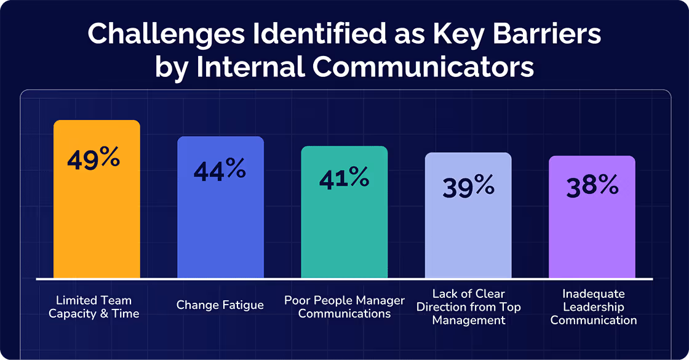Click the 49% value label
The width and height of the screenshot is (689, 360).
(x=93, y=159)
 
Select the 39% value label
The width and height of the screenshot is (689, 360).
(x=468, y=186)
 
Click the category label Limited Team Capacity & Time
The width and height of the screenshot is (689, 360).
(x=94, y=307)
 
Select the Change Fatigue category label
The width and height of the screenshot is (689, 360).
(x=220, y=305)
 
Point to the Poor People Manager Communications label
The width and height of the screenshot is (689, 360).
(x=344, y=306)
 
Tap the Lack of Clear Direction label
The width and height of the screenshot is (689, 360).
(x=469, y=306)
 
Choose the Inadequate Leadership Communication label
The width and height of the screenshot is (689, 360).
(x=594, y=306)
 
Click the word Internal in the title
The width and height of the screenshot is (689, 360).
(x=249, y=67)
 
